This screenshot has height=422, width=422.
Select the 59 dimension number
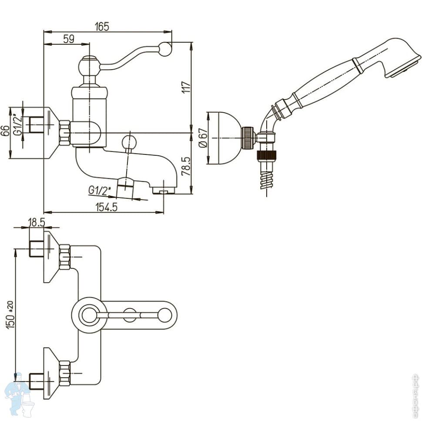(x=68, y=39)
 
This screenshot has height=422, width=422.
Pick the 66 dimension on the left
(x=5, y=131)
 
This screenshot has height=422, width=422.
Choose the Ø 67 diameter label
(x=201, y=138)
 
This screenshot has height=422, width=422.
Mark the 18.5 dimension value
(x=37, y=222)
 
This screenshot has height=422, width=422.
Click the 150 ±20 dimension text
(x=11, y=314)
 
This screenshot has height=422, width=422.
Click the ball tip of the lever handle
(x=165, y=49)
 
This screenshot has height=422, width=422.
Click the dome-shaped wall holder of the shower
(x=224, y=138)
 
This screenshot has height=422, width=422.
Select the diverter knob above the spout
(x=129, y=142)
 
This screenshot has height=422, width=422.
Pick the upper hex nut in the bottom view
(x=65, y=257)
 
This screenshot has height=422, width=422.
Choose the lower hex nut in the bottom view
(x=65, y=373)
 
